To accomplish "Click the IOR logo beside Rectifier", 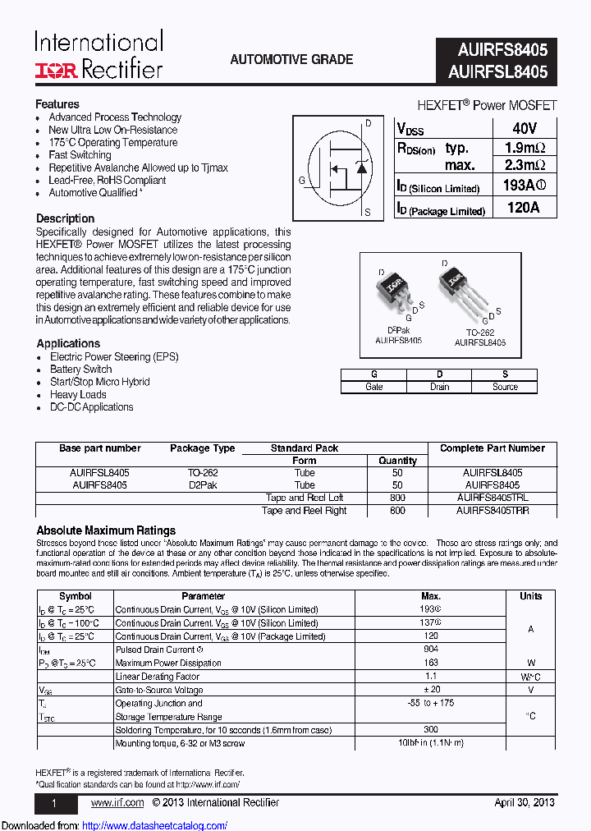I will pos(56,71).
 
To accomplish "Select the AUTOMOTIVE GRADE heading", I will pos(291,60).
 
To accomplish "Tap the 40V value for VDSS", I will pos(523,129).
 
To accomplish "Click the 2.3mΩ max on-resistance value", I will pos(523,165).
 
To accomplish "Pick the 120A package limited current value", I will pos(523,208).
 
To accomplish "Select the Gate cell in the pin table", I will pos(373,387).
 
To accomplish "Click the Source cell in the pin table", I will pos(505,387).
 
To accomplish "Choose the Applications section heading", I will pos(68,343).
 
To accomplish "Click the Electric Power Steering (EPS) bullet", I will pos(113,357).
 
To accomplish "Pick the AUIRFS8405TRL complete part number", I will pos(492,498).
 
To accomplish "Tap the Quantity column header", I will pos(398,461).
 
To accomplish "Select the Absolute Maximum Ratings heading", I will pos(106,530).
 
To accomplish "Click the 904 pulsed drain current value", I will pos(430,650).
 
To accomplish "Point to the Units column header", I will pos(531,596).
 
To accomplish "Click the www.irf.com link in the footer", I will pos(117,802).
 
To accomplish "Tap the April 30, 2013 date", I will pos(525,802).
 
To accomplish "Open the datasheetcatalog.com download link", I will pos(155,825).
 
